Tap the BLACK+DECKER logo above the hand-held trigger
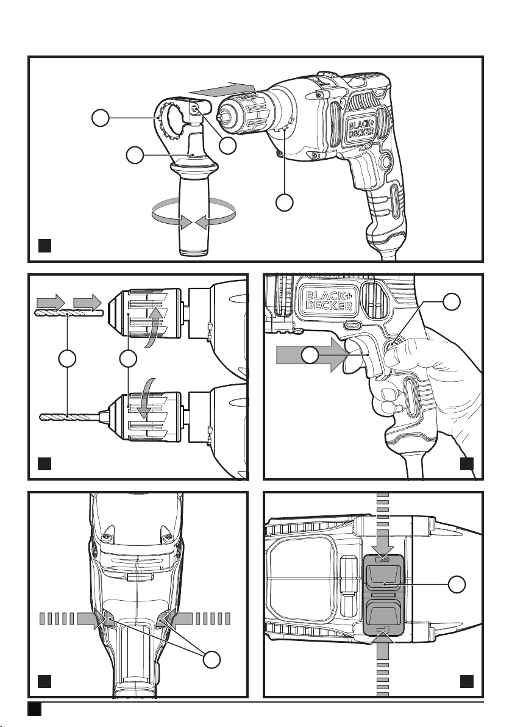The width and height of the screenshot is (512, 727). coord(330,300)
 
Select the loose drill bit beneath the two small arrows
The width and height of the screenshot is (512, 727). coord(69,314)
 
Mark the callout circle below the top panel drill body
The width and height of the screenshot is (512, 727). coord(285,202)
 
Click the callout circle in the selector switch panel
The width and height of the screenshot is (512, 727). coord(457,584)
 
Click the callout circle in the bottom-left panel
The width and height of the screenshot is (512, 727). coord(212,659)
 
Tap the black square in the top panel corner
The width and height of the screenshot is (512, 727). coord(44,245)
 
